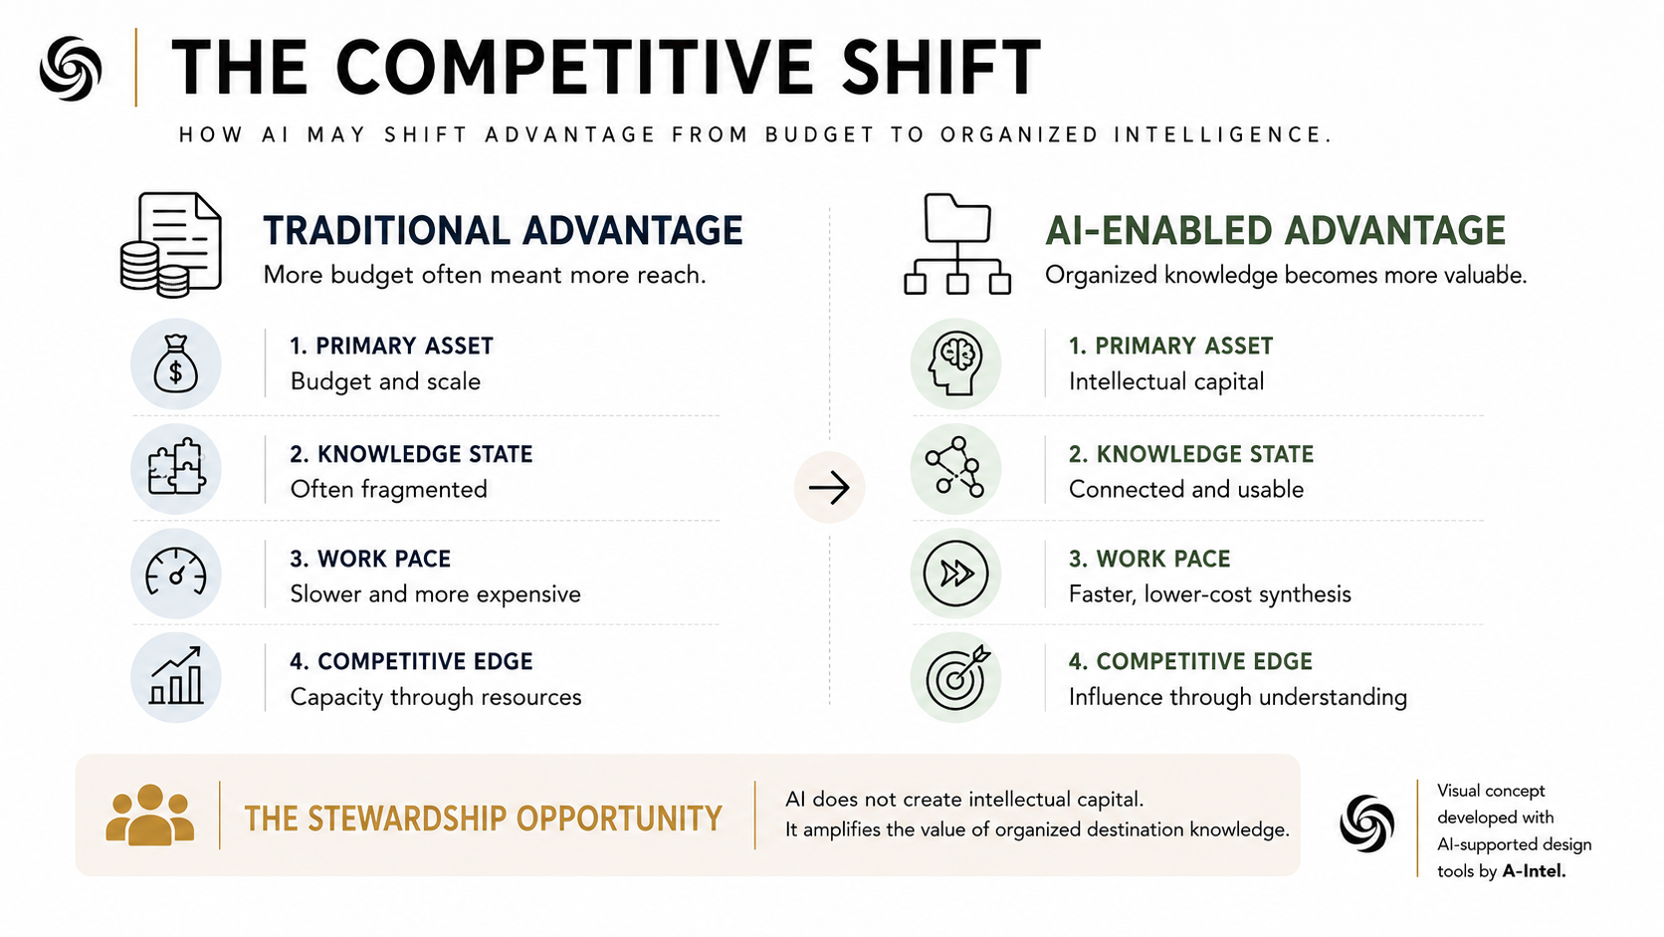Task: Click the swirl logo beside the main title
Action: [71, 69]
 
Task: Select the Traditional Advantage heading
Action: [503, 230]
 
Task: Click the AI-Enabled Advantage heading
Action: [1275, 230]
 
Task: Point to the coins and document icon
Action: [171, 245]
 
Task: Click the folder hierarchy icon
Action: [956, 245]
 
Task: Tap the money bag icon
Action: [175, 363]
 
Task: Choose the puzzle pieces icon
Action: [175, 467]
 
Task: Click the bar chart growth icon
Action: [175, 675]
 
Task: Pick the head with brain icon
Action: [955, 363]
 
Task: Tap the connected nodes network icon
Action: [955, 467]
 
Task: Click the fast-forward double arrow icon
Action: [955, 573]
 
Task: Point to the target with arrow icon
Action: [956, 677]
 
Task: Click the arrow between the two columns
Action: [829, 488]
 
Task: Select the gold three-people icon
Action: [150, 816]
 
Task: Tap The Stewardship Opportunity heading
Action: [483, 819]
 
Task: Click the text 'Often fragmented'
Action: [388, 489]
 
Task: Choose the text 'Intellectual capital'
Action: [1166, 381]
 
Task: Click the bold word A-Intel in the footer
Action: [1534, 871]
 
